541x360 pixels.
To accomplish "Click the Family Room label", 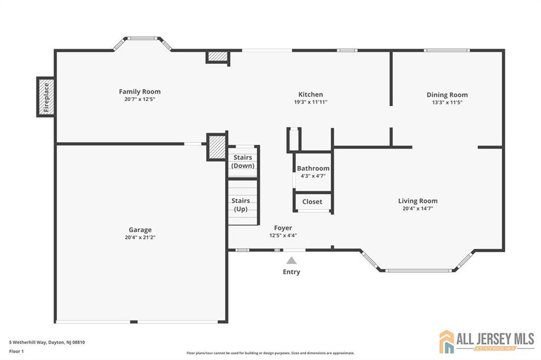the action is click(139, 92).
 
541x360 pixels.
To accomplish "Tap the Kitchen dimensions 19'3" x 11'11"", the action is click(311, 102).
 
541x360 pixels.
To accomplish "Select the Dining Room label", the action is click(447, 95).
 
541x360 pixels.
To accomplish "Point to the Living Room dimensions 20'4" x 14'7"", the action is click(418, 209).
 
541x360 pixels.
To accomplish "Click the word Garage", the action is click(140, 230).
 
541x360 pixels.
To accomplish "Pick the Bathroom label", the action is click(313, 168).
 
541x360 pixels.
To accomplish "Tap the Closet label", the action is click(312, 202).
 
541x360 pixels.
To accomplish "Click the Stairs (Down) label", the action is click(243, 162).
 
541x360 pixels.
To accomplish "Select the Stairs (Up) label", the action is click(241, 205).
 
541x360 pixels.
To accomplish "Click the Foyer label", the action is click(283, 228).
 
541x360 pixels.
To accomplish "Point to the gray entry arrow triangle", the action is click(291, 260).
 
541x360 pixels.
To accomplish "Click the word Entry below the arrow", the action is click(292, 272).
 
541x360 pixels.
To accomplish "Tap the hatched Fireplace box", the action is click(46, 97).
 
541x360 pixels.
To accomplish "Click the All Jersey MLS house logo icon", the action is click(447, 342).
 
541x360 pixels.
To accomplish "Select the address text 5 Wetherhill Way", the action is click(27, 343).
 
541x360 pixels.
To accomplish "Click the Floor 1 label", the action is click(16, 352).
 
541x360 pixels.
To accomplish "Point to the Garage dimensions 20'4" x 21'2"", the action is click(140, 237).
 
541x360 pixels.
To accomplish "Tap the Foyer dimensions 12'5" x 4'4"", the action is click(283, 235).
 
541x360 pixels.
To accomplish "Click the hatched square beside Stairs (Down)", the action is click(217, 147).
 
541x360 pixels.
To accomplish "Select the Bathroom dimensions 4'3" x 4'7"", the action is click(313, 176).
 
